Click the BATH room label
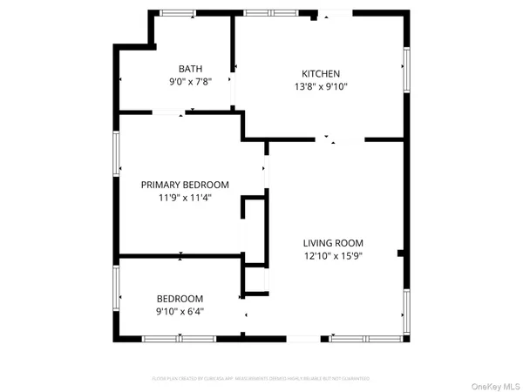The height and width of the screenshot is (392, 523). [190, 69]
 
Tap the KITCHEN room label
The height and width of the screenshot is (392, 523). [321, 74]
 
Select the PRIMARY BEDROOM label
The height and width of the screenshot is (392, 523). [185, 185]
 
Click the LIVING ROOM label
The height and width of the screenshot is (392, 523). [333, 243]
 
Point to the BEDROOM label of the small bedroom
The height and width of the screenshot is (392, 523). [180, 299]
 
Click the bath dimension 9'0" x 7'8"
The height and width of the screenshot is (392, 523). [190, 82]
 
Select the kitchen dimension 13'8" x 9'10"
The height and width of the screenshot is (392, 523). [321, 87]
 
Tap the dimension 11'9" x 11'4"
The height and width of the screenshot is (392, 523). [185, 198]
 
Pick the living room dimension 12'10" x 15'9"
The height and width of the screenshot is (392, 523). [333, 256]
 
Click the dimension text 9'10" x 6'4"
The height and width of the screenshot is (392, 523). [180, 311]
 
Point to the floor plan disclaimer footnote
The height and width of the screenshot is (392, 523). [261, 379]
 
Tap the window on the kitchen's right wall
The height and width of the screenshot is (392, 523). [405, 69]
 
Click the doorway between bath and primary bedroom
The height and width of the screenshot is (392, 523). [167, 111]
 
